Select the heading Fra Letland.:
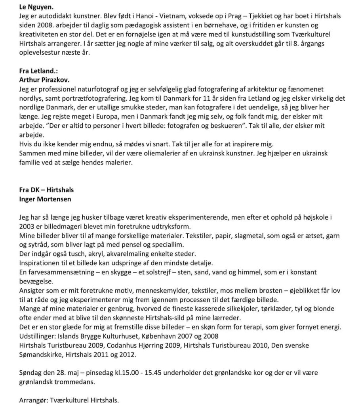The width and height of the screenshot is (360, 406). click(38, 71)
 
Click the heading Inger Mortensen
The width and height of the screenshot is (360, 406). click(45, 199)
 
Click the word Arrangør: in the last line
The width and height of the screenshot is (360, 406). click(34, 400)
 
